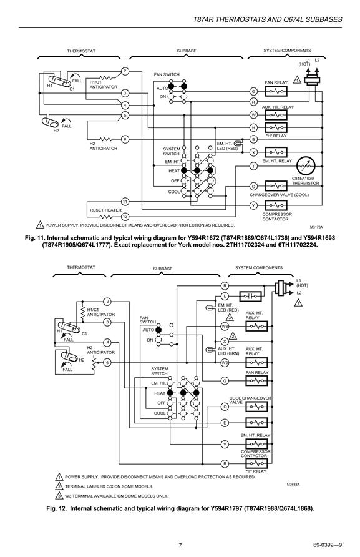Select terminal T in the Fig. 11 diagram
[x=253, y=166]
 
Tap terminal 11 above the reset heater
[x=125, y=202]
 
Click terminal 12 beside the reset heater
[x=125, y=216]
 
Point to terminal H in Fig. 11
[x=253, y=127]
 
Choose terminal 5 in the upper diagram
[x=125, y=115]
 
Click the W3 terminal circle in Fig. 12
[x=225, y=326]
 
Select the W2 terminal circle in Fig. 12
[x=225, y=363]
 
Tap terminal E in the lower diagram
[x=225, y=423]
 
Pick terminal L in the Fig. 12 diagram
[x=225, y=296]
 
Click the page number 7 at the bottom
[x=180, y=545]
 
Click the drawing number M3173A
[x=316, y=227]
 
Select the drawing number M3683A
[x=293, y=484]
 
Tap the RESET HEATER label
[x=105, y=210]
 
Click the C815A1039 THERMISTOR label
[x=305, y=181]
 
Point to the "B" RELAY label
[x=256, y=471]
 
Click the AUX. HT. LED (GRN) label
[x=228, y=351]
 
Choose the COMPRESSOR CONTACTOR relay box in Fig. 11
[x=276, y=205]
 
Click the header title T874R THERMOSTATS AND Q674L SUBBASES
[x=268, y=19]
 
